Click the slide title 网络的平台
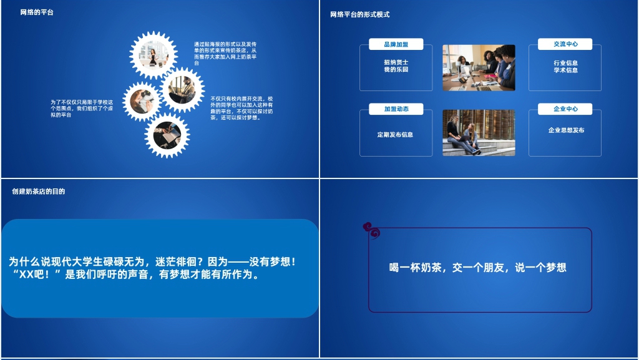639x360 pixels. [x=37, y=12]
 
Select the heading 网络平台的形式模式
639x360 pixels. [x=360, y=15]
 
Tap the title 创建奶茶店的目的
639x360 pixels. [x=38, y=192]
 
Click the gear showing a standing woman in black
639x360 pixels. [x=154, y=55]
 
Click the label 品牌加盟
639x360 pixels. [x=396, y=44]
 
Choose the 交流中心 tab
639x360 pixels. [x=565, y=44]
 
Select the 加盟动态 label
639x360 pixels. [x=396, y=109]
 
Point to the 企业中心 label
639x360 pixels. [x=565, y=109]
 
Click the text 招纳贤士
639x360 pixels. [x=396, y=62]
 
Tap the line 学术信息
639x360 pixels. [x=565, y=71]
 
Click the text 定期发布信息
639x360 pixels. [x=395, y=135]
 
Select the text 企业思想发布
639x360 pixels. [x=566, y=130]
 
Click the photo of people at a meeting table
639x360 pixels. [x=479, y=67]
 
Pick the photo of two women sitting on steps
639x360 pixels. [x=479, y=133]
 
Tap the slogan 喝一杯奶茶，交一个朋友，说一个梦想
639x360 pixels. [x=478, y=268]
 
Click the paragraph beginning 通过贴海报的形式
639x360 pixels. [x=225, y=54]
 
